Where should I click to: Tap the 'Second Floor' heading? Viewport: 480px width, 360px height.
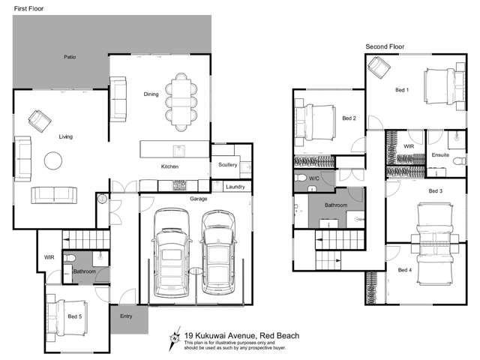point(385,46)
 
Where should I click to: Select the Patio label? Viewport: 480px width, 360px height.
point(70,57)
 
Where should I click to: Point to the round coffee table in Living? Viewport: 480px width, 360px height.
point(53,161)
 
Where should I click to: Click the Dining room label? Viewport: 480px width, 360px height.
point(151,94)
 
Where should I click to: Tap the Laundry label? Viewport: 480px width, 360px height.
point(235,186)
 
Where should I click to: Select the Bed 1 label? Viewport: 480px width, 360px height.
point(402,90)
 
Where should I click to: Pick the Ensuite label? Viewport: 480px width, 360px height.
point(440,154)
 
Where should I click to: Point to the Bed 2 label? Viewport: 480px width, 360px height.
point(349,118)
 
